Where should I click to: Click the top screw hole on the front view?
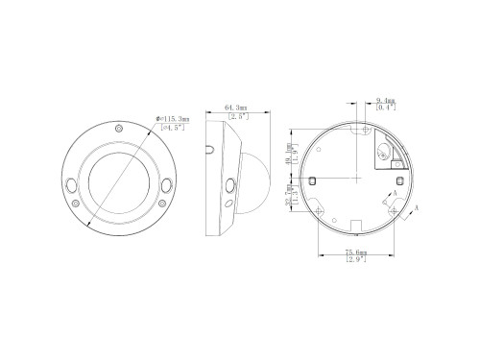click(x=117, y=129)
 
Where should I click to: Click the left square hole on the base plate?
click(x=313, y=178)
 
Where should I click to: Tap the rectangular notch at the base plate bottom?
click(x=354, y=227)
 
